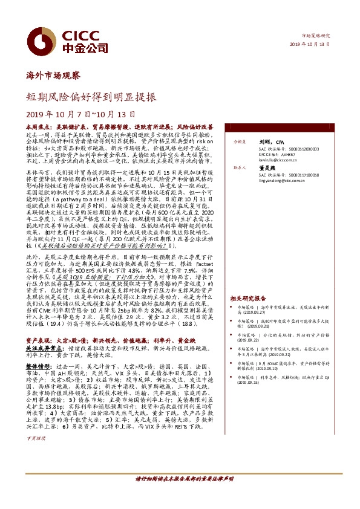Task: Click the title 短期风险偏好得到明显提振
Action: pos(90,96)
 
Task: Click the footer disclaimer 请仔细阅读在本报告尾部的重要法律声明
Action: pos(184,495)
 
